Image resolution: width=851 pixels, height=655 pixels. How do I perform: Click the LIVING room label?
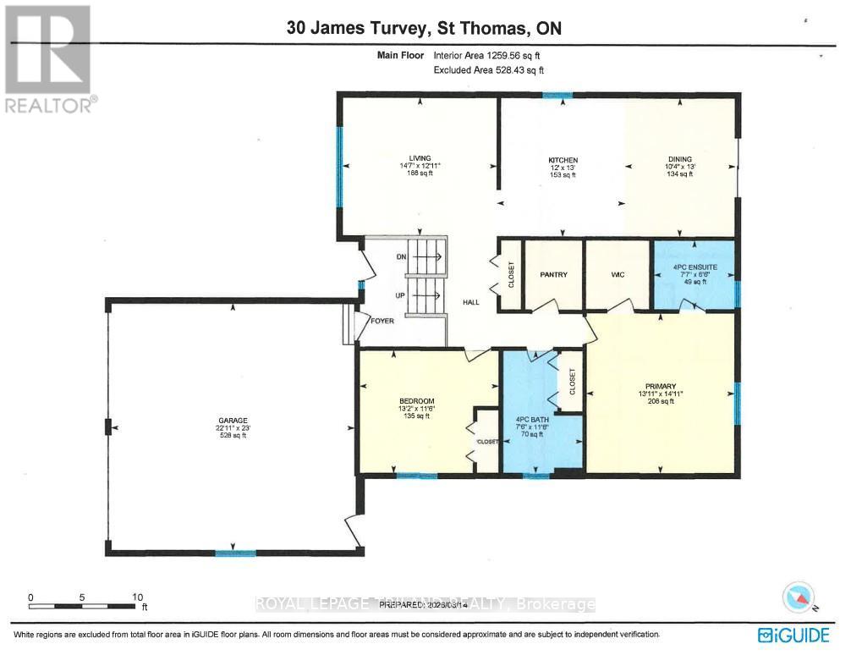coord(420,158)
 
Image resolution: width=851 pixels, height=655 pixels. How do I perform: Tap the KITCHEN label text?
coord(563,160)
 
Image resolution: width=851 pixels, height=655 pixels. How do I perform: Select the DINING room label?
coord(679,159)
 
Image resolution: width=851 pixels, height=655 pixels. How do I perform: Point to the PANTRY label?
coord(553,275)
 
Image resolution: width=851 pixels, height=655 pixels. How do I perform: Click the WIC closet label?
coord(618,275)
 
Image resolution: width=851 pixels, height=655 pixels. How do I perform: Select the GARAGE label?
coord(232,421)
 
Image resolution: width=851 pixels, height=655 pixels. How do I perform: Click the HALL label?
coord(471,302)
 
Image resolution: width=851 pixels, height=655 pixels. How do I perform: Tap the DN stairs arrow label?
coord(402,256)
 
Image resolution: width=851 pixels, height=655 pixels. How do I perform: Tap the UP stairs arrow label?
coord(402,295)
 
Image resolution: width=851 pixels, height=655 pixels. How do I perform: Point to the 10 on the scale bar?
coord(138,597)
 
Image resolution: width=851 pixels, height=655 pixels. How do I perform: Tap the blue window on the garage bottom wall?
coord(235,553)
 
